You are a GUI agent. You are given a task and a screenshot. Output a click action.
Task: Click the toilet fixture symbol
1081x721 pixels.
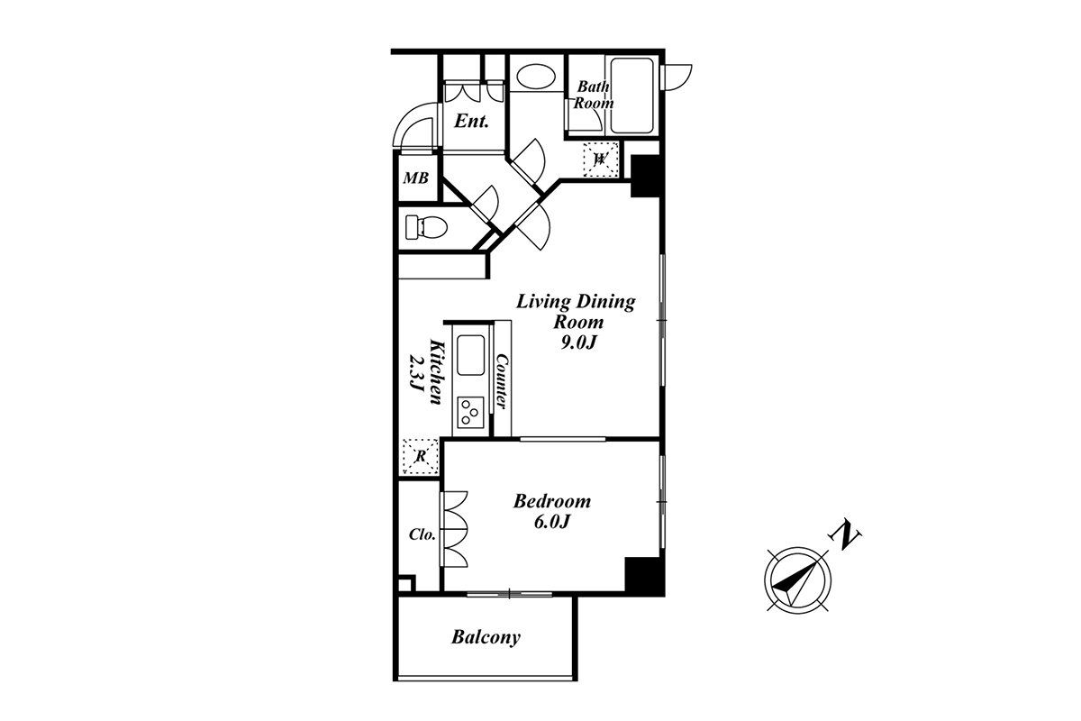click(426, 227)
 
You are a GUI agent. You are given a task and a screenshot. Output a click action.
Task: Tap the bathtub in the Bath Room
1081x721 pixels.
click(631, 96)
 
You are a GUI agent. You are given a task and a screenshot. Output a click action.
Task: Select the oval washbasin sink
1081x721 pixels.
click(536, 77)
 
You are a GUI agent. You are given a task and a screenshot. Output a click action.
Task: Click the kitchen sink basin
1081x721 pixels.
click(470, 355)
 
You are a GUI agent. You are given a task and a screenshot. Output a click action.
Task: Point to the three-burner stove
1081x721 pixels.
click(470, 412)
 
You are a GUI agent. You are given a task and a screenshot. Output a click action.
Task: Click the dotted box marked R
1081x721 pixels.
click(421, 456)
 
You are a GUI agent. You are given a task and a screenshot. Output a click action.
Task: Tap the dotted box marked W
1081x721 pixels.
click(600, 159)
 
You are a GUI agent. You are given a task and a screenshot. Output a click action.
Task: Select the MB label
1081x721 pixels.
click(415, 178)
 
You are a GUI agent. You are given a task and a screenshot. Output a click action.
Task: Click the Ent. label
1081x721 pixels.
click(471, 121)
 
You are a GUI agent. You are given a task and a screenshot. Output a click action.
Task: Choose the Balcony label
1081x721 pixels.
click(486, 637)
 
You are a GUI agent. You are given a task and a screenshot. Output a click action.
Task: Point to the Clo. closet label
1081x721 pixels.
click(422, 534)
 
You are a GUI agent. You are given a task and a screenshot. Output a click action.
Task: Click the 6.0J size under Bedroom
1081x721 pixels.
click(552, 522)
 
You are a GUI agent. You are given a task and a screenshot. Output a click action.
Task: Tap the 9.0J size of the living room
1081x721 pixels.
click(578, 342)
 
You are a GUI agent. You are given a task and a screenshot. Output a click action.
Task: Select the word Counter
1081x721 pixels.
click(502, 382)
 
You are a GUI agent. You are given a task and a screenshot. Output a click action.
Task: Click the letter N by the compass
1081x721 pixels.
click(845, 534)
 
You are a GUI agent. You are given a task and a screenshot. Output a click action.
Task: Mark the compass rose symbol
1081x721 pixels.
click(797, 580)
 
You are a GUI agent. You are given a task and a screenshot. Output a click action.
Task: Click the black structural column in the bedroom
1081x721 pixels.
click(644, 576)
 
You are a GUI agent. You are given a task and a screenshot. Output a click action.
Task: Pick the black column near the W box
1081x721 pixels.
click(646, 176)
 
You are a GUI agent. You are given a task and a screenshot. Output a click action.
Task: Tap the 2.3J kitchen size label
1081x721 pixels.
click(416, 373)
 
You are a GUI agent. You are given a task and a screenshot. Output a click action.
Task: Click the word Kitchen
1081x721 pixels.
click(436, 372)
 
